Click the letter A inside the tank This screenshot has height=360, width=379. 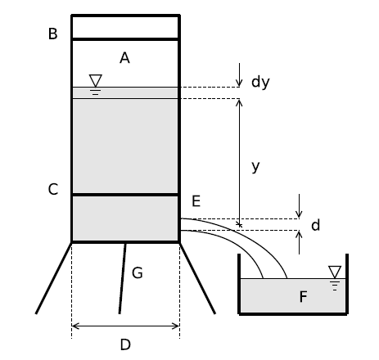click(x=124, y=58)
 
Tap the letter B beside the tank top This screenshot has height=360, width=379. click(x=52, y=34)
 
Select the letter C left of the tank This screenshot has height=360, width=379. click(x=53, y=189)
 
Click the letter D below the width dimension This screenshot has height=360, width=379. click(x=125, y=344)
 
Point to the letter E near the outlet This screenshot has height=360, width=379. click(x=196, y=201)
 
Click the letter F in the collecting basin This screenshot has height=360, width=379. click(x=303, y=296)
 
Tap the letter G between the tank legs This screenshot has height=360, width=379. click(x=138, y=272)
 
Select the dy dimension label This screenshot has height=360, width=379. click(x=260, y=82)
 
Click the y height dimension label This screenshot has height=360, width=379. click(x=255, y=166)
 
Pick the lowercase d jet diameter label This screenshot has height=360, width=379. click(x=315, y=226)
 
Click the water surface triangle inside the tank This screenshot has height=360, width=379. click(x=96, y=80)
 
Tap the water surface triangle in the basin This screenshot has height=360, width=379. click(x=335, y=272)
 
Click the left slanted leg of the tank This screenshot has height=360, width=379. click(x=54, y=278)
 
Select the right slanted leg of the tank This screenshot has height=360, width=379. click(x=197, y=278)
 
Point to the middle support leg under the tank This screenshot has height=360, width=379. click(x=123, y=278)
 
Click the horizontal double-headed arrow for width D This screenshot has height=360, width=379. click(x=125, y=326)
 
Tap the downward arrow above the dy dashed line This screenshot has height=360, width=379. click(x=239, y=75)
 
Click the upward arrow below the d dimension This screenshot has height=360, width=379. click(x=300, y=242)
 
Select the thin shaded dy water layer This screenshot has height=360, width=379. click(x=125, y=93)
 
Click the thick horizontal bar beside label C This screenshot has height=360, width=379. click(x=125, y=195)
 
